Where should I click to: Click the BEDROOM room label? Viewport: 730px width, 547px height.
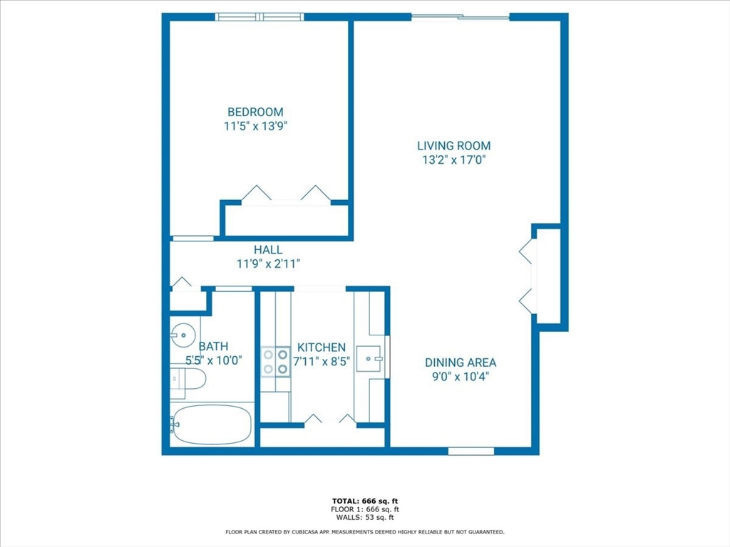coord(255,112)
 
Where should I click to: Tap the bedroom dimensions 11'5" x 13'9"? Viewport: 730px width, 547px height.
coord(255,126)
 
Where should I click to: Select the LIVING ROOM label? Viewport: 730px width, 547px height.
coord(454,145)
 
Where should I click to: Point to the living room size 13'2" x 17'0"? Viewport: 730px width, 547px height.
coord(454,160)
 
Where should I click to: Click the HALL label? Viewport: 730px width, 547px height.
coord(268,250)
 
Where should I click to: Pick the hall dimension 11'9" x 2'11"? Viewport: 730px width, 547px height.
coord(268,264)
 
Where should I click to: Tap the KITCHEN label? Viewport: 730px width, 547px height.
coord(322,348)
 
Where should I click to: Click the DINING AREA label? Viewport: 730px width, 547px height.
coord(461,363)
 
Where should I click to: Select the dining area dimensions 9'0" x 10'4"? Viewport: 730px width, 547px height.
coord(461,376)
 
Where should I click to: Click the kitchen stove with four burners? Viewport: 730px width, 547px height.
coord(276,362)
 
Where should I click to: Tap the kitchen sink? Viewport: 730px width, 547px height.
coord(369,359)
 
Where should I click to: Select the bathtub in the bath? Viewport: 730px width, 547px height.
coord(211,424)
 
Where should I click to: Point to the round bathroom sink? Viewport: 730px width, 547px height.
coord(182,335)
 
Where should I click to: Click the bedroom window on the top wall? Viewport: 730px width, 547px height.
coord(259,17)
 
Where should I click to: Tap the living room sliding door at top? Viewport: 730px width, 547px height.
coord(461,17)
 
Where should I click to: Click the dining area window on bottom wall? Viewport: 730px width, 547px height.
coord(471,451)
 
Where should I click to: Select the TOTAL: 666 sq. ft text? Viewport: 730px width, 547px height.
coord(365,501)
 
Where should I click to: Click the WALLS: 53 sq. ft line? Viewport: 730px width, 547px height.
coord(365,517)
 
